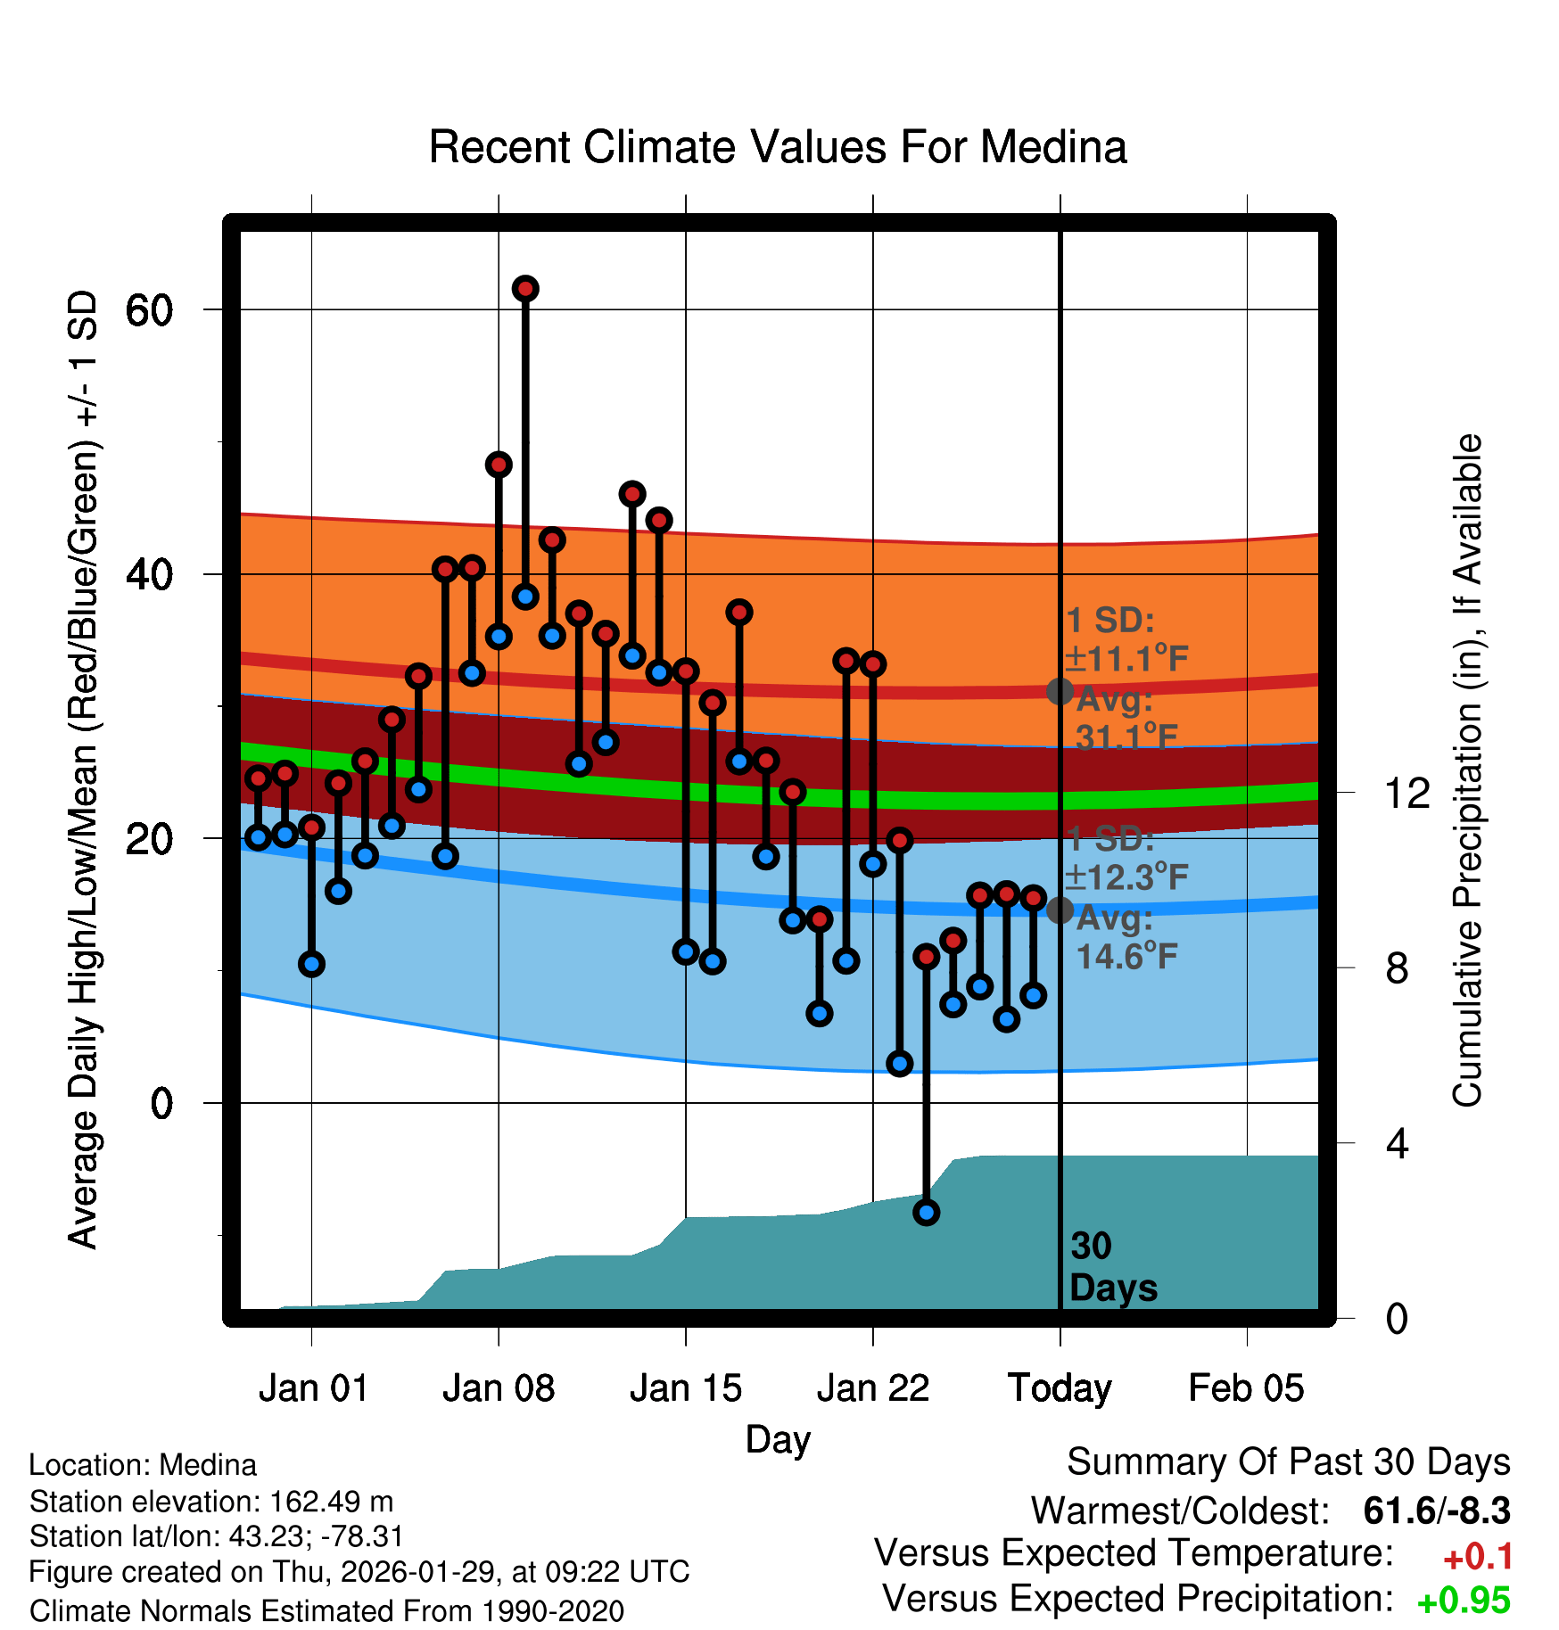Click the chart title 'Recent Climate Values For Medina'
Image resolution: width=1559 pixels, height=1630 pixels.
coord(778,147)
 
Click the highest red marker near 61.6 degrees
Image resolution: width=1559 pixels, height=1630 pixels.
coord(525,289)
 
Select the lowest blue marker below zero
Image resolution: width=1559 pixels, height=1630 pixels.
coord(926,1212)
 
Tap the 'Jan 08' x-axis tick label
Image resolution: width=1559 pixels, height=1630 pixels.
coord(499,1388)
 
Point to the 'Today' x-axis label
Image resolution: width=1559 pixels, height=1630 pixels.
coord(1060,1388)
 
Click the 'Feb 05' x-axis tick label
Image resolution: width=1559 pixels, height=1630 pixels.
coord(1246,1388)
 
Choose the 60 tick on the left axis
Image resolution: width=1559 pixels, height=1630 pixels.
coord(149,310)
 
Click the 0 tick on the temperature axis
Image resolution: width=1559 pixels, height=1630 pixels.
coord(161,1104)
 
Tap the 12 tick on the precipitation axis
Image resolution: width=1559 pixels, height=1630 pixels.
coord(1406,793)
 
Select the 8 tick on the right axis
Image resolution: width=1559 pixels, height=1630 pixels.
coord(1397,968)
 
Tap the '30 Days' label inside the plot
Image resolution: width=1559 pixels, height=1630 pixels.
coord(1112,1267)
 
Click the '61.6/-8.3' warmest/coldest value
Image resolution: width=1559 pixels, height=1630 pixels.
coord(1437,1511)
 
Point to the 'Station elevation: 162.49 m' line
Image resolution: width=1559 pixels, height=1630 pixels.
coord(211,1502)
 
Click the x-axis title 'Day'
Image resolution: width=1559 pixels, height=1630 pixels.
coord(778,1439)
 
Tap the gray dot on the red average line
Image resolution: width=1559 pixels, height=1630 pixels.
coord(1060,691)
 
